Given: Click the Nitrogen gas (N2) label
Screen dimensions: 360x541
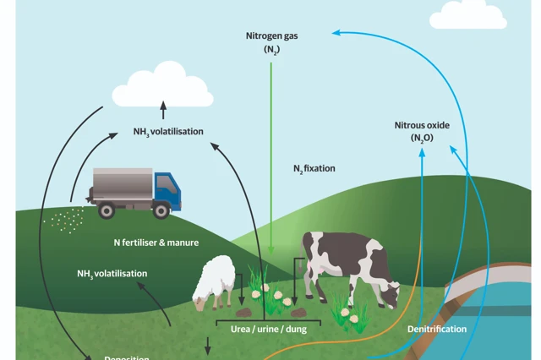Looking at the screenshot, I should pos(270,43).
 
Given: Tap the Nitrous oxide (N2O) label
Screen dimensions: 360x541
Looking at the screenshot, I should pos(422,131).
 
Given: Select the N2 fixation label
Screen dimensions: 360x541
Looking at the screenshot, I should pos(314,169).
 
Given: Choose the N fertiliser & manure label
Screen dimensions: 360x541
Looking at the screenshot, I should pos(156,243).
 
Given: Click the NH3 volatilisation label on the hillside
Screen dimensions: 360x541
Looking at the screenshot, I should pos(112,274).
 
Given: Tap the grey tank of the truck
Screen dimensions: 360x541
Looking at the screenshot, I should pos(123,182).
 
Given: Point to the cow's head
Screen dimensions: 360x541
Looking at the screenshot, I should pos(390,294).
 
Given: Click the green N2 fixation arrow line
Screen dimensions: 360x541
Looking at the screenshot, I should pos(271,152).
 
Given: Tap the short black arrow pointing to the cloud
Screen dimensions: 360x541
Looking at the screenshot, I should pos(164,111).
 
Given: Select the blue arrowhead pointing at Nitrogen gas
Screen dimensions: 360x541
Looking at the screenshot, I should pos(337,33).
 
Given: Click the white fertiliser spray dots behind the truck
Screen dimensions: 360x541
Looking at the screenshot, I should pos(63,221).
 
